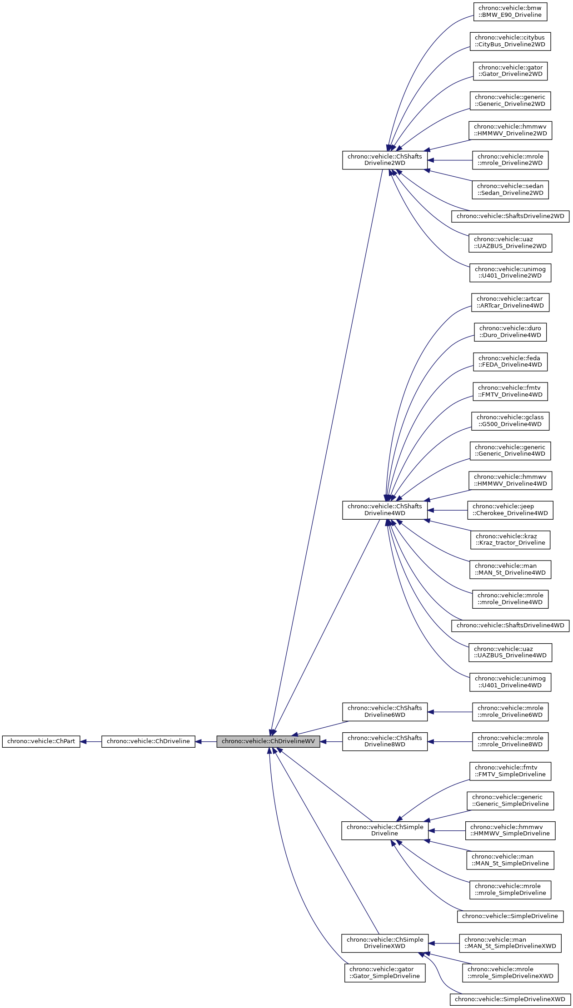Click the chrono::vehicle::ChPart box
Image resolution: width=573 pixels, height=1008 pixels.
tap(41, 741)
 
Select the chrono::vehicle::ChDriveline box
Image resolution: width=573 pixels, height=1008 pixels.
tap(148, 741)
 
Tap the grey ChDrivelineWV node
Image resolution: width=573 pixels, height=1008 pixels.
tap(268, 741)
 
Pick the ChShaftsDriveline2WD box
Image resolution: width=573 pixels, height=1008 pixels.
tap(384, 160)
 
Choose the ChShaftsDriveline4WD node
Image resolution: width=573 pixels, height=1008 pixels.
tap(384, 510)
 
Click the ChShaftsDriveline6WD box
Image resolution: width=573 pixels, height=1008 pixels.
tap(384, 711)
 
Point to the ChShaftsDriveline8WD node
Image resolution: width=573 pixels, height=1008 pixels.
tap(384, 741)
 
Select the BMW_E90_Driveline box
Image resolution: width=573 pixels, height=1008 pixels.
tap(510, 12)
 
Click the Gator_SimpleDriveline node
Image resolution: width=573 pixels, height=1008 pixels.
tap(384, 973)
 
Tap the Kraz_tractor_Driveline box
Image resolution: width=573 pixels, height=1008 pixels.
tap(510, 540)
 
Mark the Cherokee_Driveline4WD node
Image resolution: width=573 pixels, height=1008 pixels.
tap(510, 510)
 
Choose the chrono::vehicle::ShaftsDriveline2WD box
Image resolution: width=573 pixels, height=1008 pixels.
tap(510, 216)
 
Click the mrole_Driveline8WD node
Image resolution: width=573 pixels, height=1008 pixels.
tap(510, 741)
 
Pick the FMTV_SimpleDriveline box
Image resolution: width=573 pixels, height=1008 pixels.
tap(510, 771)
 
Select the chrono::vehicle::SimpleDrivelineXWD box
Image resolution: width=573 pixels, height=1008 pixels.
tap(510, 999)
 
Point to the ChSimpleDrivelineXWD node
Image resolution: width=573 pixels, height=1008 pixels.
tap(384, 943)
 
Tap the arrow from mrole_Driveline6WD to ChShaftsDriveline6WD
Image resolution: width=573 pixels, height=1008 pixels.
tap(450, 712)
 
